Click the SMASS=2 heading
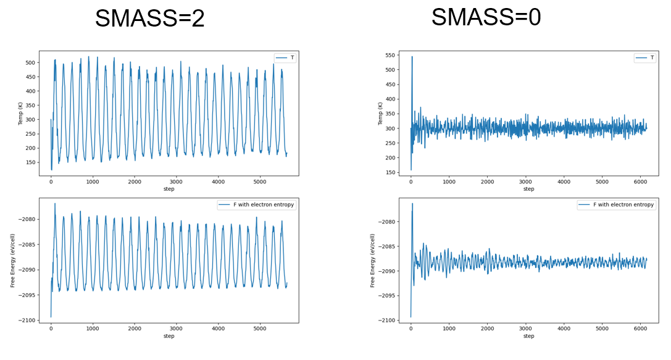(150, 19)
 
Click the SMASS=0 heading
(486, 17)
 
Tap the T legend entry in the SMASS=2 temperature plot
(285, 58)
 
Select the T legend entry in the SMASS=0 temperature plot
(645, 57)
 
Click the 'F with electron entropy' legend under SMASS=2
(256, 204)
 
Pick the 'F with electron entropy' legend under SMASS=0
(616, 204)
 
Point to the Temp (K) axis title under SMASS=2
(20, 114)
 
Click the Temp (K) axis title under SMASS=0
(380, 114)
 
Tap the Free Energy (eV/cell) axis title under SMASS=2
(12, 260)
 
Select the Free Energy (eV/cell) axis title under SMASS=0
(372, 260)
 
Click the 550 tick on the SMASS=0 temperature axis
(390, 55)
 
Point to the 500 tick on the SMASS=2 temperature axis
(30, 62)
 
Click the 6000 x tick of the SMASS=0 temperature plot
(640, 182)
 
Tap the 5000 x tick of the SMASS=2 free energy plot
(260, 329)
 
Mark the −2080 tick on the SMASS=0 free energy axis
(386, 222)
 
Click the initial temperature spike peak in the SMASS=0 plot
(412, 57)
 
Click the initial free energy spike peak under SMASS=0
(412, 203)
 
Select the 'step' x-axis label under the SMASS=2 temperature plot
(169, 189)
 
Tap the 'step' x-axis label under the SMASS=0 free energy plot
(529, 336)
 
